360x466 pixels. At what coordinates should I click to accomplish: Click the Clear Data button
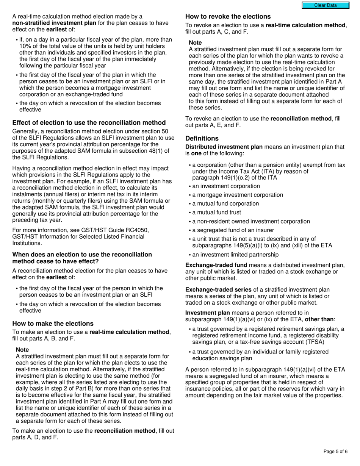pos(325,5)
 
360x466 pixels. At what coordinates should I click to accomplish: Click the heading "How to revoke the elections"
pos(228,17)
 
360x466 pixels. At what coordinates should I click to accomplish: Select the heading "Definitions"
pos(202,138)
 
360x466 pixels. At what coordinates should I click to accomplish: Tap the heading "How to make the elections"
pos(53,324)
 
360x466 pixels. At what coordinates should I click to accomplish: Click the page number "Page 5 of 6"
pos(335,451)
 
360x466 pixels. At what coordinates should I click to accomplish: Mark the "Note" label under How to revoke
pos(195,43)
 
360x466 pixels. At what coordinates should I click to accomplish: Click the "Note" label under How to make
pos(22,350)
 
